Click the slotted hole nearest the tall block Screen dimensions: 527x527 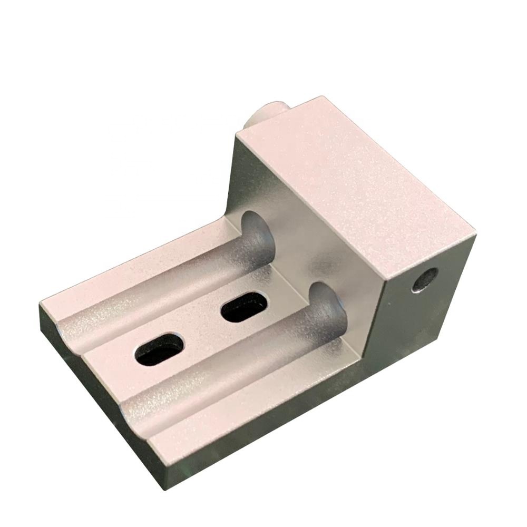point(243,307)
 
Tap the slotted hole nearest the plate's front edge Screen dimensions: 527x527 point(159,349)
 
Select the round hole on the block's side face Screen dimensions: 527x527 point(425,280)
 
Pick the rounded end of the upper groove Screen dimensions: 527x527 point(257,232)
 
